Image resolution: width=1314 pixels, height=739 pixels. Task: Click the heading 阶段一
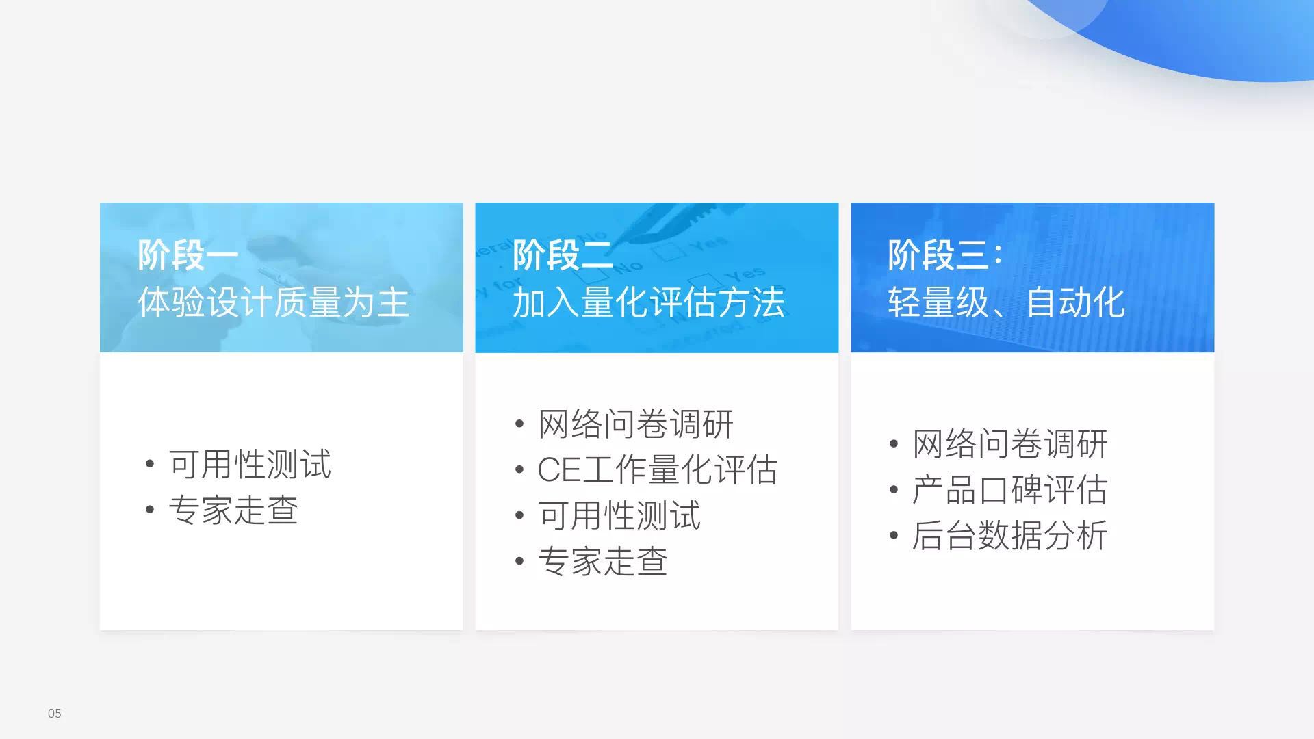[188, 255]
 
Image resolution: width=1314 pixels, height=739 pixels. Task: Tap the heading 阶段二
[563, 255]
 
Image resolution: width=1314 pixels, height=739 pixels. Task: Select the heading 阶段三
[938, 255]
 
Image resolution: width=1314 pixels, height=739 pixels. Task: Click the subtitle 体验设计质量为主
[273, 302]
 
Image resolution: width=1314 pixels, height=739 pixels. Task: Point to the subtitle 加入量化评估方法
[649, 302]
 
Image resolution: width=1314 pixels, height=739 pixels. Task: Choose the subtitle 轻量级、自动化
[1006, 302]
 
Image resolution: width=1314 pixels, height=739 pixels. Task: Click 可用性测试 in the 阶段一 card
[250, 464]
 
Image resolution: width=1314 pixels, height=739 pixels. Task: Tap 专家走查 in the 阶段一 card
[233, 510]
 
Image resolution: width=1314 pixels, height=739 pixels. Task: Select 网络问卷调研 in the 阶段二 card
[636, 424]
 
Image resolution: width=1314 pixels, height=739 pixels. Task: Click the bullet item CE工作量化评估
[658, 470]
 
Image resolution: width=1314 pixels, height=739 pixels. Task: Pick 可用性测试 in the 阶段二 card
[619, 516]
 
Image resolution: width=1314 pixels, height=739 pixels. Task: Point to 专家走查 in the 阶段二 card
[603, 562]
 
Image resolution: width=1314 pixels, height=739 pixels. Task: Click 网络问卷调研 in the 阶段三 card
[1010, 444]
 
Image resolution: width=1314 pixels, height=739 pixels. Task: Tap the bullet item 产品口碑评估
[1010, 490]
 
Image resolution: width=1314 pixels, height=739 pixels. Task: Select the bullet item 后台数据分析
[1010, 536]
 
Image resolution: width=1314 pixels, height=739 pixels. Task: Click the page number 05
[55, 714]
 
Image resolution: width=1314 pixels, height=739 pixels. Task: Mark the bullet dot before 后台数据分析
[894, 536]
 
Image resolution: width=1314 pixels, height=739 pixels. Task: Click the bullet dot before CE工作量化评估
[519, 470]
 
